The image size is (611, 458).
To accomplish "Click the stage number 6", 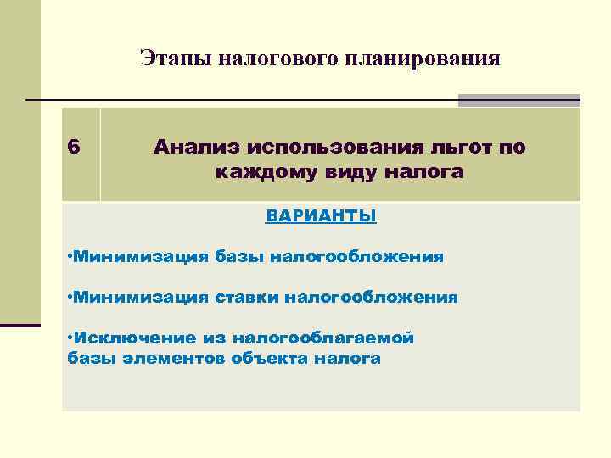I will click(74, 147).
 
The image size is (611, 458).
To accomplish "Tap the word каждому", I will click(261, 173).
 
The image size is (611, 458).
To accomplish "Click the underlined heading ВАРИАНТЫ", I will click(321, 216).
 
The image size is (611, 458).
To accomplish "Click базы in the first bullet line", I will click(239, 257).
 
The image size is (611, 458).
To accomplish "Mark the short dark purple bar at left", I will click(20, 324).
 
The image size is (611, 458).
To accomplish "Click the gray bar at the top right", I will click(519, 100).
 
